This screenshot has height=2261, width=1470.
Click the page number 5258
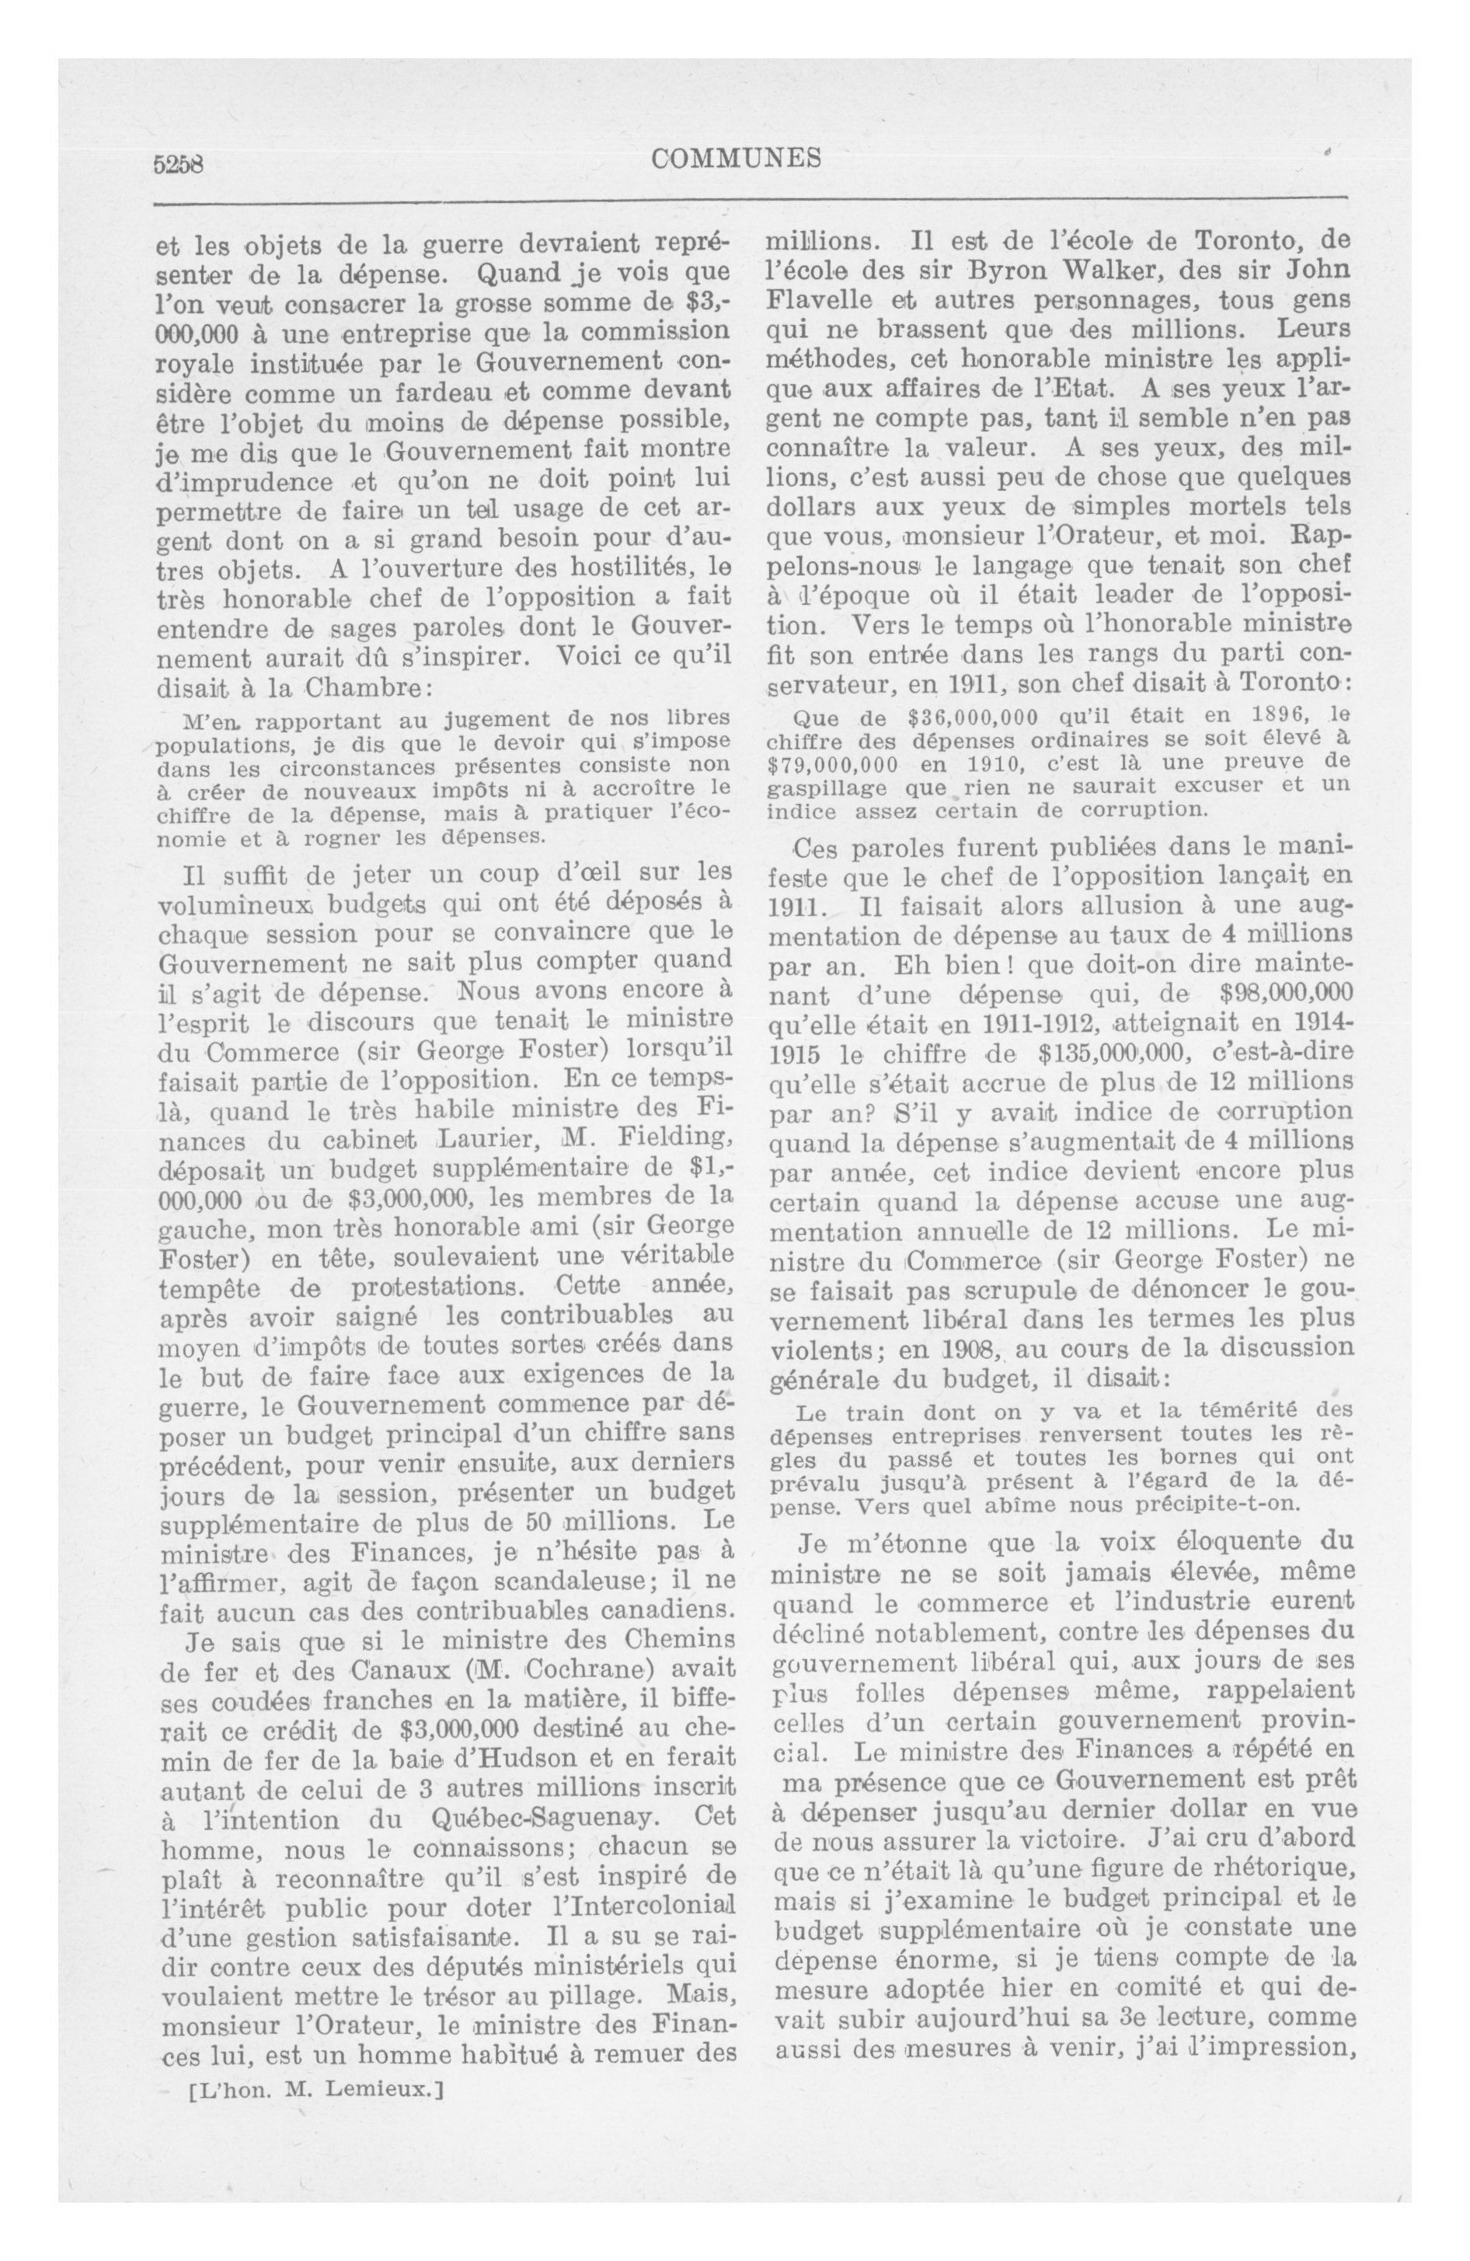point(179,163)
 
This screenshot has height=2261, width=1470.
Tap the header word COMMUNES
point(736,159)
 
